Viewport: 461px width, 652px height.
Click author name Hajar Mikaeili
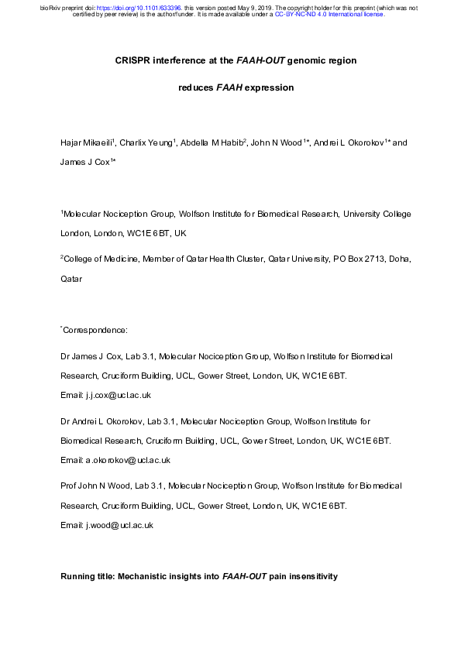pos(84,144)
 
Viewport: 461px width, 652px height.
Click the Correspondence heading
pos(95,329)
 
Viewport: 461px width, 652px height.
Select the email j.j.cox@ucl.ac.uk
pos(118,395)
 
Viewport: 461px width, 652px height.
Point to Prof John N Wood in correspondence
pos(94,486)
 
